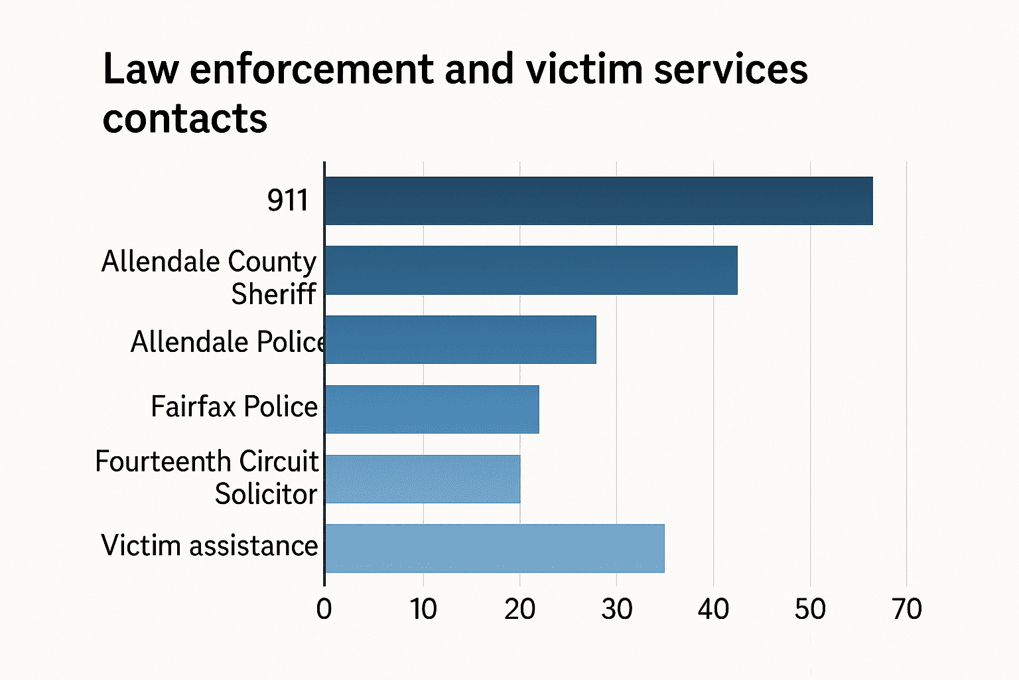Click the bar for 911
[x=598, y=201]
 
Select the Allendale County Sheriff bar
[x=531, y=270]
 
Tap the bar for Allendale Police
[x=460, y=339]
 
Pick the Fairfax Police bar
[x=432, y=409]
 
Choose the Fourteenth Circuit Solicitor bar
[x=423, y=479]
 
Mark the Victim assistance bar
[x=494, y=549]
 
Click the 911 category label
[x=288, y=201]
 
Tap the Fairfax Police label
[x=234, y=406]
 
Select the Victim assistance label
[x=210, y=546]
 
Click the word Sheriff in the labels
[x=273, y=294]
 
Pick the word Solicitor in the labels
[x=266, y=494]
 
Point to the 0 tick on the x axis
[x=324, y=609]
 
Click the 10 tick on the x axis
[x=423, y=609]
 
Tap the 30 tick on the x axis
[x=616, y=609]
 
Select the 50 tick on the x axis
[x=810, y=609]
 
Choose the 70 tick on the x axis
[x=907, y=609]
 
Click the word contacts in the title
[x=185, y=119]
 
